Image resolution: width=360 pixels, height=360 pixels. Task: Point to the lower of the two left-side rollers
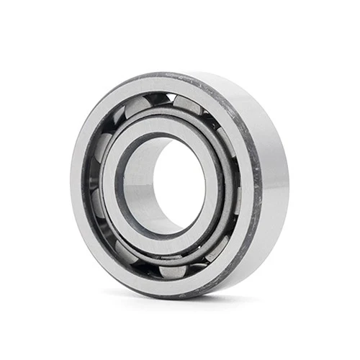coord(96,209)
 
